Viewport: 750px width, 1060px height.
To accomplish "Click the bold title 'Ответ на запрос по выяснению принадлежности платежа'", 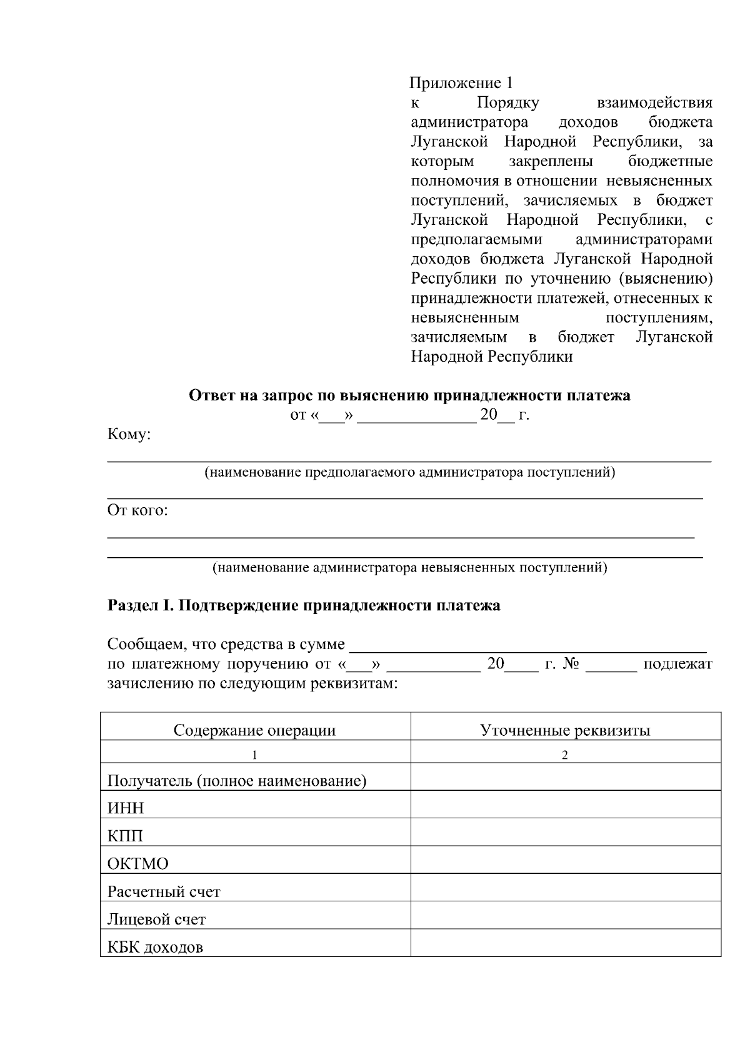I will [x=409, y=395].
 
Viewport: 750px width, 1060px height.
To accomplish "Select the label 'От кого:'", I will [x=137, y=510].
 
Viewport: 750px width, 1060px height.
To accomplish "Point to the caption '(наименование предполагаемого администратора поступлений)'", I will [x=409, y=472].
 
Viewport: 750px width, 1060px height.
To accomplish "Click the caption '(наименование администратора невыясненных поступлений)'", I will [x=409, y=568].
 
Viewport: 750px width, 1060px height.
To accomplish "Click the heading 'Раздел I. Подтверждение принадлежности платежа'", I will [x=304, y=605].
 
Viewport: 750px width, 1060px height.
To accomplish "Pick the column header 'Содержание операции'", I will [x=254, y=730].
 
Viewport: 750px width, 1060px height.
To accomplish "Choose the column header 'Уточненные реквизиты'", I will [x=565, y=730].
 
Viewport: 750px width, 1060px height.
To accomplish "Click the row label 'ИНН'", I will [x=126, y=808].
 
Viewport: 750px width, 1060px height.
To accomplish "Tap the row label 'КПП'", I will [x=125, y=836].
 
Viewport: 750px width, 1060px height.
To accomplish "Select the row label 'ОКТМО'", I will [x=138, y=864].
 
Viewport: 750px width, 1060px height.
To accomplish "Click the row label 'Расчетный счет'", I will [x=164, y=891].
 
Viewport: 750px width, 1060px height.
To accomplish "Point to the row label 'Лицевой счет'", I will [x=156, y=919].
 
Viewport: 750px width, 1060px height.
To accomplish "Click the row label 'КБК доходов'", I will [x=155, y=947].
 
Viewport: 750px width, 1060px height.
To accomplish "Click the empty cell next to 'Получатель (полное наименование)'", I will [x=565, y=777].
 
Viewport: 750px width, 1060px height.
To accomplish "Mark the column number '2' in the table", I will [x=565, y=755].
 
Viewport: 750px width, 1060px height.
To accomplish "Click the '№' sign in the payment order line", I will [x=571, y=664].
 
